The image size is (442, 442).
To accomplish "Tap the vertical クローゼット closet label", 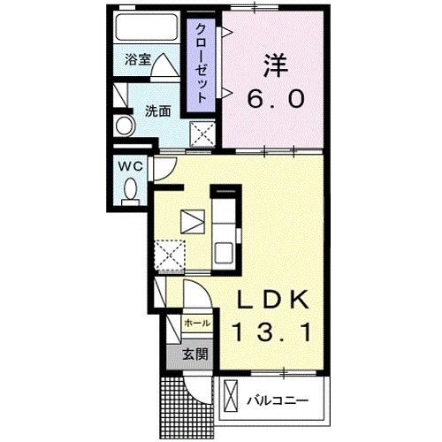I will [202, 62].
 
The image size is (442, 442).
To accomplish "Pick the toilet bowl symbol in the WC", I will [130, 189].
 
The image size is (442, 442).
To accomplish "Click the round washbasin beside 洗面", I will [123, 127].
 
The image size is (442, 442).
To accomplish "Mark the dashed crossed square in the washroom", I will [205, 135].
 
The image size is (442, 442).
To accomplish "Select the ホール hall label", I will [197, 324].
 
